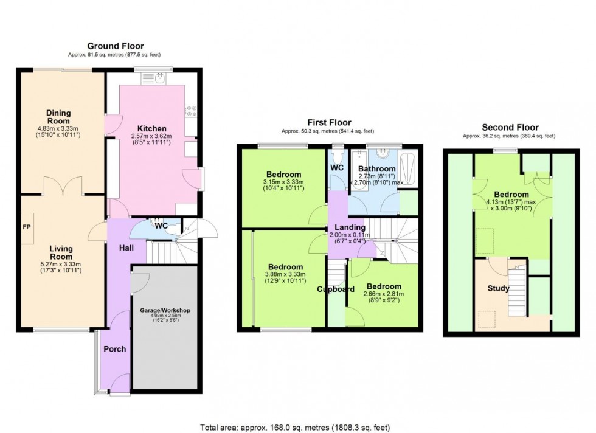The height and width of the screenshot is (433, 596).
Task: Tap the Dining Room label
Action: pos(59,116)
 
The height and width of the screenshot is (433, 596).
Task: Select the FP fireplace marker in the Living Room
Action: pos(27,227)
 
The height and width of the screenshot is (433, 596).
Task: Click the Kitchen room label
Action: pos(152,129)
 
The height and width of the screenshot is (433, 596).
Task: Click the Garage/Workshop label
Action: pos(166,311)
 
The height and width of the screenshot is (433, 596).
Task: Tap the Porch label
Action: pos(114,349)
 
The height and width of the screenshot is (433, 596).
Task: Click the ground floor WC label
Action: pos(161,226)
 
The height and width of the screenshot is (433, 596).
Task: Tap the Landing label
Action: pos(350,227)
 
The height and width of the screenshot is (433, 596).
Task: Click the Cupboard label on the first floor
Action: pos(335,289)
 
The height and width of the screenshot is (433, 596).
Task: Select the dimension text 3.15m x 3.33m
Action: pos(283,182)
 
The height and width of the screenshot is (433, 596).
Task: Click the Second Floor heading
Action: pos(510,128)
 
